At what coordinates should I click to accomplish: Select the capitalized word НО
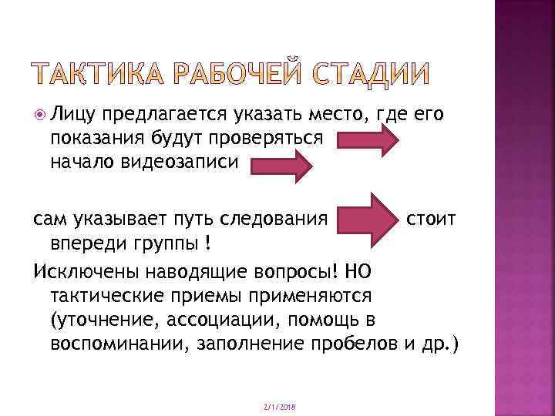(x=359, y=272)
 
